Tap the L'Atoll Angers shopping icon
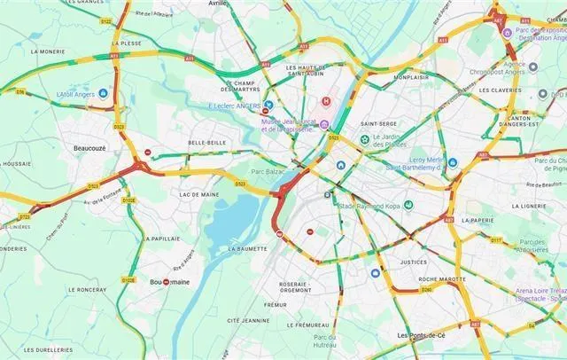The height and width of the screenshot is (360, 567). click(x=103, y=93)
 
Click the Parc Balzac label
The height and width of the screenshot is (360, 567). click(x=266, y=171)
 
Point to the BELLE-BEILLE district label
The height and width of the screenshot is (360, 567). click(x=206, y=142)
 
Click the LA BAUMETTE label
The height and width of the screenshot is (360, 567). click(x=247, y=249)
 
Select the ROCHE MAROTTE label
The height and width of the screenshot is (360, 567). click(x=419, y=278)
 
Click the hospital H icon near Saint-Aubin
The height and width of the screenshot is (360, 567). click(x=326, y=102)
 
